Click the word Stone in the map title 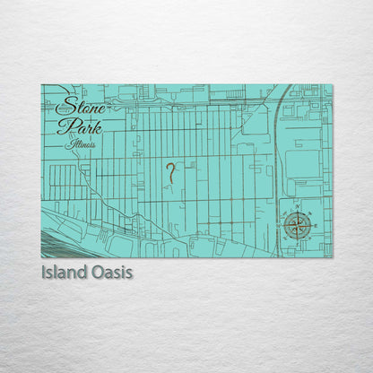tap(79, 106)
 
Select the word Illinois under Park tap(81, 143)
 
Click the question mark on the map tap(169, 173)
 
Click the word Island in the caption tap(68, 272)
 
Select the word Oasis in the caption tap(115, 272)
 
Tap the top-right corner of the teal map tap(331, 85)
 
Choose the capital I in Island tap(44, 272)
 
